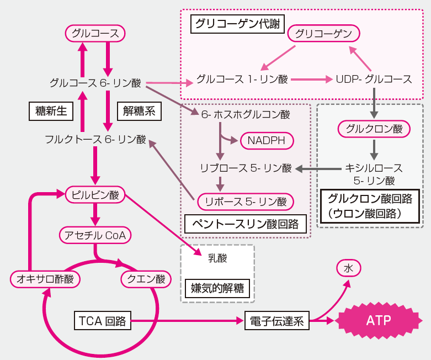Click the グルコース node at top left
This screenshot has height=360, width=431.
point(95,34)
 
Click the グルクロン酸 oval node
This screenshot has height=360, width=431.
point(374,130)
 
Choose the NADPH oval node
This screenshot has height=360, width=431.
point(266,141)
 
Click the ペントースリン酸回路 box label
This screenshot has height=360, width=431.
point(245,224)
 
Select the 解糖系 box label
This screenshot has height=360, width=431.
point(139,111)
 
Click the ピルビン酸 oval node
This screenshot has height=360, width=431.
point(95,194)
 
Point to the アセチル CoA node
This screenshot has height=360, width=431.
point(95,236)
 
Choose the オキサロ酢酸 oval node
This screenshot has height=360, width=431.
point(45,279)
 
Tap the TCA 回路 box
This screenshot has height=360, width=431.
point(103,320)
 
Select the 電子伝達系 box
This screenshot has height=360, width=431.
point(276,321)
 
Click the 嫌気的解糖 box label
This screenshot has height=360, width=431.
point(217,288)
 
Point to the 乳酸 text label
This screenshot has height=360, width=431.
point(217,257)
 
